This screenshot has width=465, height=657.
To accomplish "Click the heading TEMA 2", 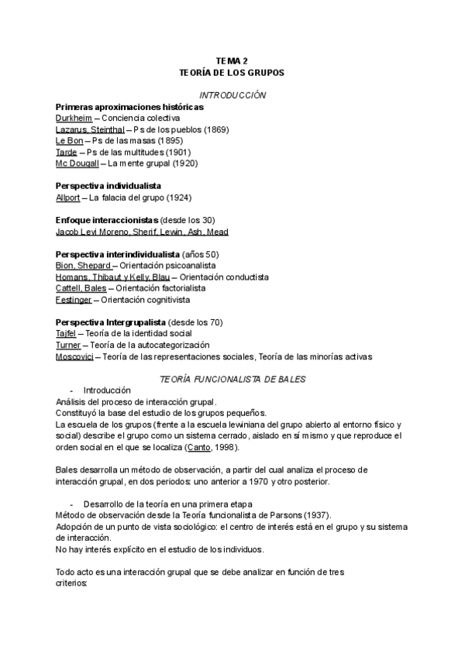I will pos(232,60).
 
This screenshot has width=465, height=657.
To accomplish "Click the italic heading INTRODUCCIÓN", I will pos(232,95).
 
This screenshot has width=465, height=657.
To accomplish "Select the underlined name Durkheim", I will pos(74,118).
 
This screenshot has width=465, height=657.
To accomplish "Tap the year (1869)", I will pos(211,129).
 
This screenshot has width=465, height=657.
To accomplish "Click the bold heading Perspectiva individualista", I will pos(108,186).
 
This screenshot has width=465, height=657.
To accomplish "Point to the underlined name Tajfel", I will pos(66,333).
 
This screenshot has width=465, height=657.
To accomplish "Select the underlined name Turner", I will pos(68,345).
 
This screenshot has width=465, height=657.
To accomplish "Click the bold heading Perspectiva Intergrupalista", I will pos(110,322).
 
